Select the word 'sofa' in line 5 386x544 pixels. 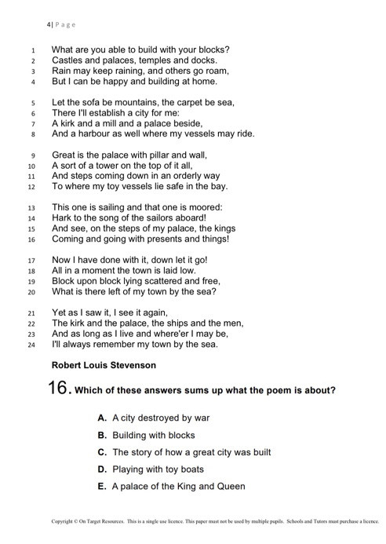94,102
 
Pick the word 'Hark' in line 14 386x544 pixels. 63,218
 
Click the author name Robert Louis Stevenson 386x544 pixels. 104,365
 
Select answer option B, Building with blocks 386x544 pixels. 146,435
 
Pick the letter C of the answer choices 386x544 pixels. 102,452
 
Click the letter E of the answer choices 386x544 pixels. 102,487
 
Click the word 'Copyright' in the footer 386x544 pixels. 64,521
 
